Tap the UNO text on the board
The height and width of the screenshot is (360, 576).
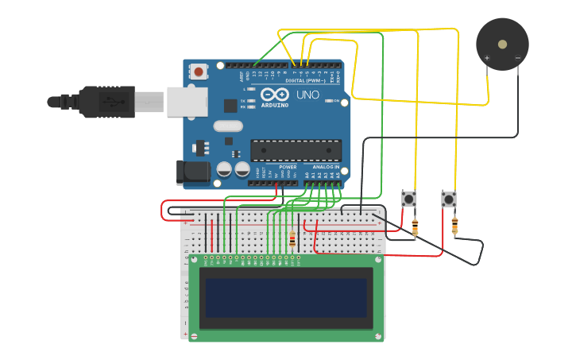coord(307,95)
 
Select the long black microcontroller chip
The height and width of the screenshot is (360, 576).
coord(296,150)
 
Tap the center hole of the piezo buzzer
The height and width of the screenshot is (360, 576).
coord(502,44)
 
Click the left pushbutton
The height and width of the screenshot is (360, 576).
coord(409,198)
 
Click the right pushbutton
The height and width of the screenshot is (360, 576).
coord(449,198)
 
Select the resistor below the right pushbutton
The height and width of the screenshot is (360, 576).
coord(454,226)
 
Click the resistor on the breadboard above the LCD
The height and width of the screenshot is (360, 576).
coord(292,238)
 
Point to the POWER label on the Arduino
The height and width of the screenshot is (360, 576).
coord(288,167)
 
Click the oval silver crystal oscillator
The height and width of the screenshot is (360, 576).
coord(227,126)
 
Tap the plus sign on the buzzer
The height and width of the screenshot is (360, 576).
coord(487,57)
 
